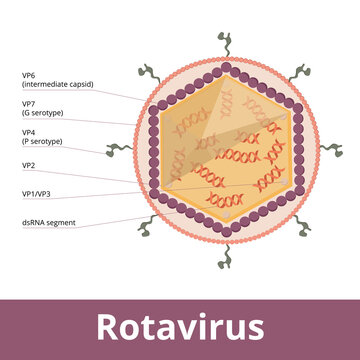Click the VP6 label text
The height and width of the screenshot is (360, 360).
point(30,75)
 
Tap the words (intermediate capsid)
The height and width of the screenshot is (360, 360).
point(57,85)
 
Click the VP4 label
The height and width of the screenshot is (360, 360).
point(30,132)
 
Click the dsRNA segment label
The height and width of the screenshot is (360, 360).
point(48,222)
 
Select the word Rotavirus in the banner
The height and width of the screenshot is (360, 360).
point(180,327)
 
